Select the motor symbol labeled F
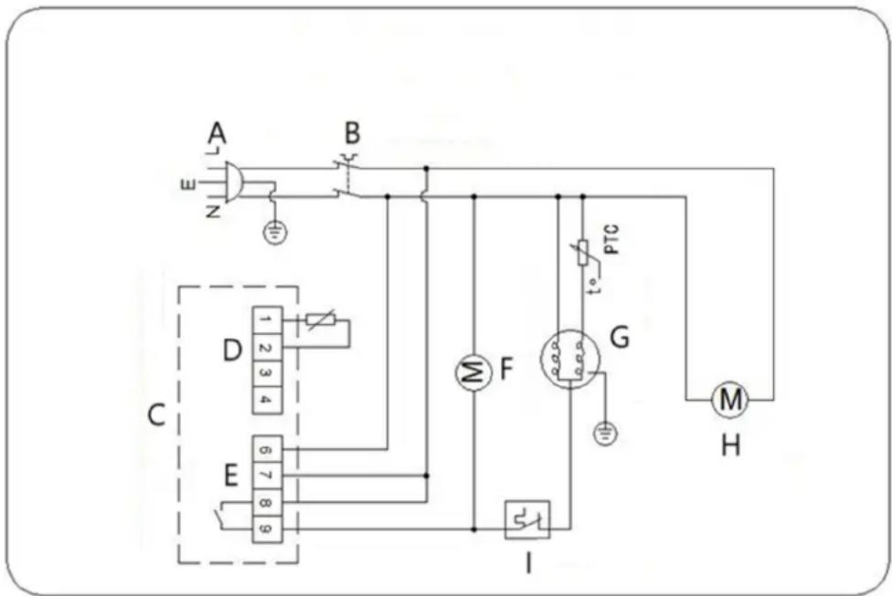(472, 372)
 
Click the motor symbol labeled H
(730, 399)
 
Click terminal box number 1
(265, 320)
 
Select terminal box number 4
(265, 399)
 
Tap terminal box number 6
(265, 449)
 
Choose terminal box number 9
(265, 528)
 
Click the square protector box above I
(527, 520)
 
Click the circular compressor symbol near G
(565, 359)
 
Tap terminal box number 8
(265, 501)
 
